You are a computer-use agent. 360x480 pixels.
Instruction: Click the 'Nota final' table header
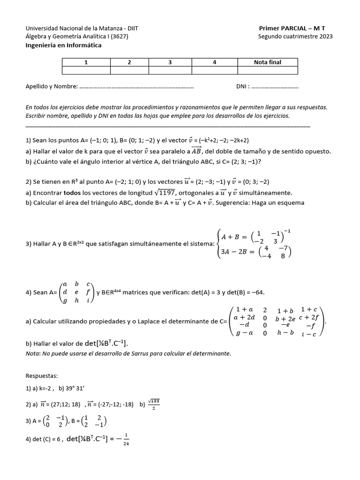pyautogui.click(x=268, y=62)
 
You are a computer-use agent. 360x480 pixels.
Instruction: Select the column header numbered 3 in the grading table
pyautogui.click(x=170, y=62)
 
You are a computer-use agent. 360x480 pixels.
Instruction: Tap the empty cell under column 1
pyautogui.click(x=86, y=70)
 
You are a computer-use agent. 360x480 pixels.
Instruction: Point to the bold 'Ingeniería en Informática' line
pyautogui.click(x=63, y=45)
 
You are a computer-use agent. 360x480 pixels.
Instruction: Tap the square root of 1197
pyautogui.click(x=165, y=192)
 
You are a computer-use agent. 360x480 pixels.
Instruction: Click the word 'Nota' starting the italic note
pyautogui.click(x=32, y=353)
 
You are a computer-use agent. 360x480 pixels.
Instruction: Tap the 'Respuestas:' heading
pyautogui.click(x=42, y=376)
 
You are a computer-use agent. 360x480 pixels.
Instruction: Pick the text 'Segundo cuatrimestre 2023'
pyautogui.click(x=295, y=37)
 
